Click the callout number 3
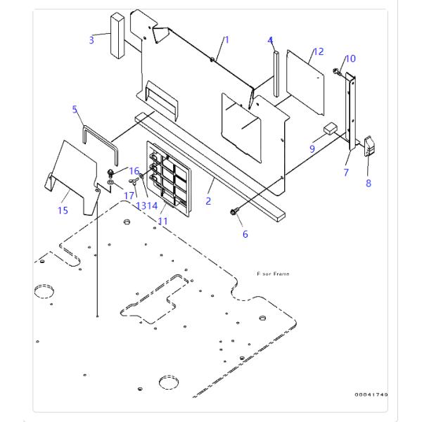point(91,40)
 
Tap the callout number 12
point(319,51)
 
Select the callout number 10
point(351,58)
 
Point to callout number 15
point(63,211)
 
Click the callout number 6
point(245,234)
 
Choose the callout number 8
point(369,184)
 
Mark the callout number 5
point(75,109)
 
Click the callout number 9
point(312,148)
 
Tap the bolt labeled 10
point(338,71)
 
